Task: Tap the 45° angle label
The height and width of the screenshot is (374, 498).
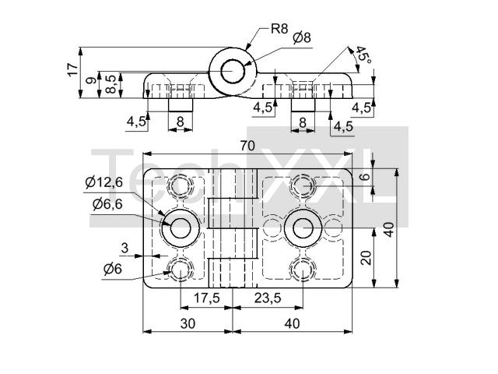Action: click(x=363, y=55)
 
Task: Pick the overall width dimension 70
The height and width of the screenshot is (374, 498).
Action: click(x=247, y=146)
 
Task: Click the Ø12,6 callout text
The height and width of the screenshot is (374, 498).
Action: click(x=103, y=182)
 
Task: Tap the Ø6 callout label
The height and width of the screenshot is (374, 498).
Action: click(x=113, y=269)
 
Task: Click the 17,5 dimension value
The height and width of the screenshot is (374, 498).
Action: click(x=206, y=298)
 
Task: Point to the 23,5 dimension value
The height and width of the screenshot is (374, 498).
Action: click(x=267, y=298)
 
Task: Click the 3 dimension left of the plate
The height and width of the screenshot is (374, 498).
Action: click(x=124, y=248)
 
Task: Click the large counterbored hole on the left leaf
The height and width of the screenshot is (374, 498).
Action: click(x=181, y=228)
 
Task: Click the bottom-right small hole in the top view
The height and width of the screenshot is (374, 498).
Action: click(x=302, y=270)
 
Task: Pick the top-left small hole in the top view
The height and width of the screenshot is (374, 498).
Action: click(x=181, y=186)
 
